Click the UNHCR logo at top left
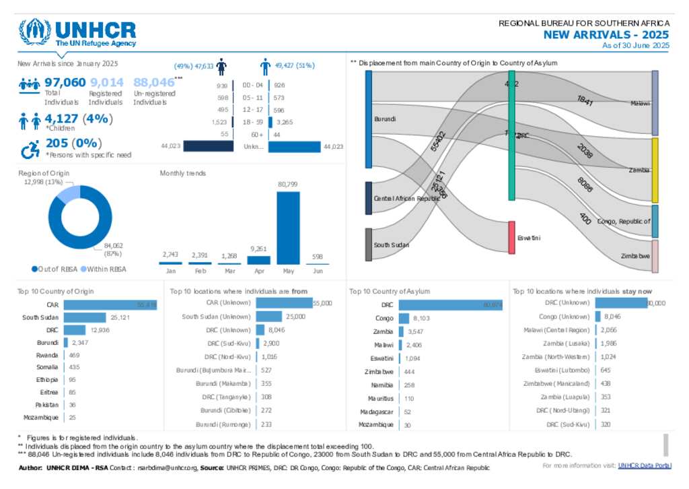click(x=77, y=32)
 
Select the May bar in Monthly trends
click(x=288, y=228)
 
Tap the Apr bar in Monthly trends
click(x=259, y=260)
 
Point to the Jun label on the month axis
click(x=318, y=271)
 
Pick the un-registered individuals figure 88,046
click(x=153, y=83)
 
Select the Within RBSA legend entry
click(x=103, y=269)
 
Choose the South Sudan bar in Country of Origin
click(x=85, y=317)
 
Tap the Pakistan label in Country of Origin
click(x=46, y=405)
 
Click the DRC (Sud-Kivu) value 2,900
click(x=271, y=344)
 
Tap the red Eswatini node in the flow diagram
click(x=511, y=238)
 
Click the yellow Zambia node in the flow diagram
click(x=655, y=170)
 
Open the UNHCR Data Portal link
click(x=644, y=465)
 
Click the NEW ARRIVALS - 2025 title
click(x=606, y=35)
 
